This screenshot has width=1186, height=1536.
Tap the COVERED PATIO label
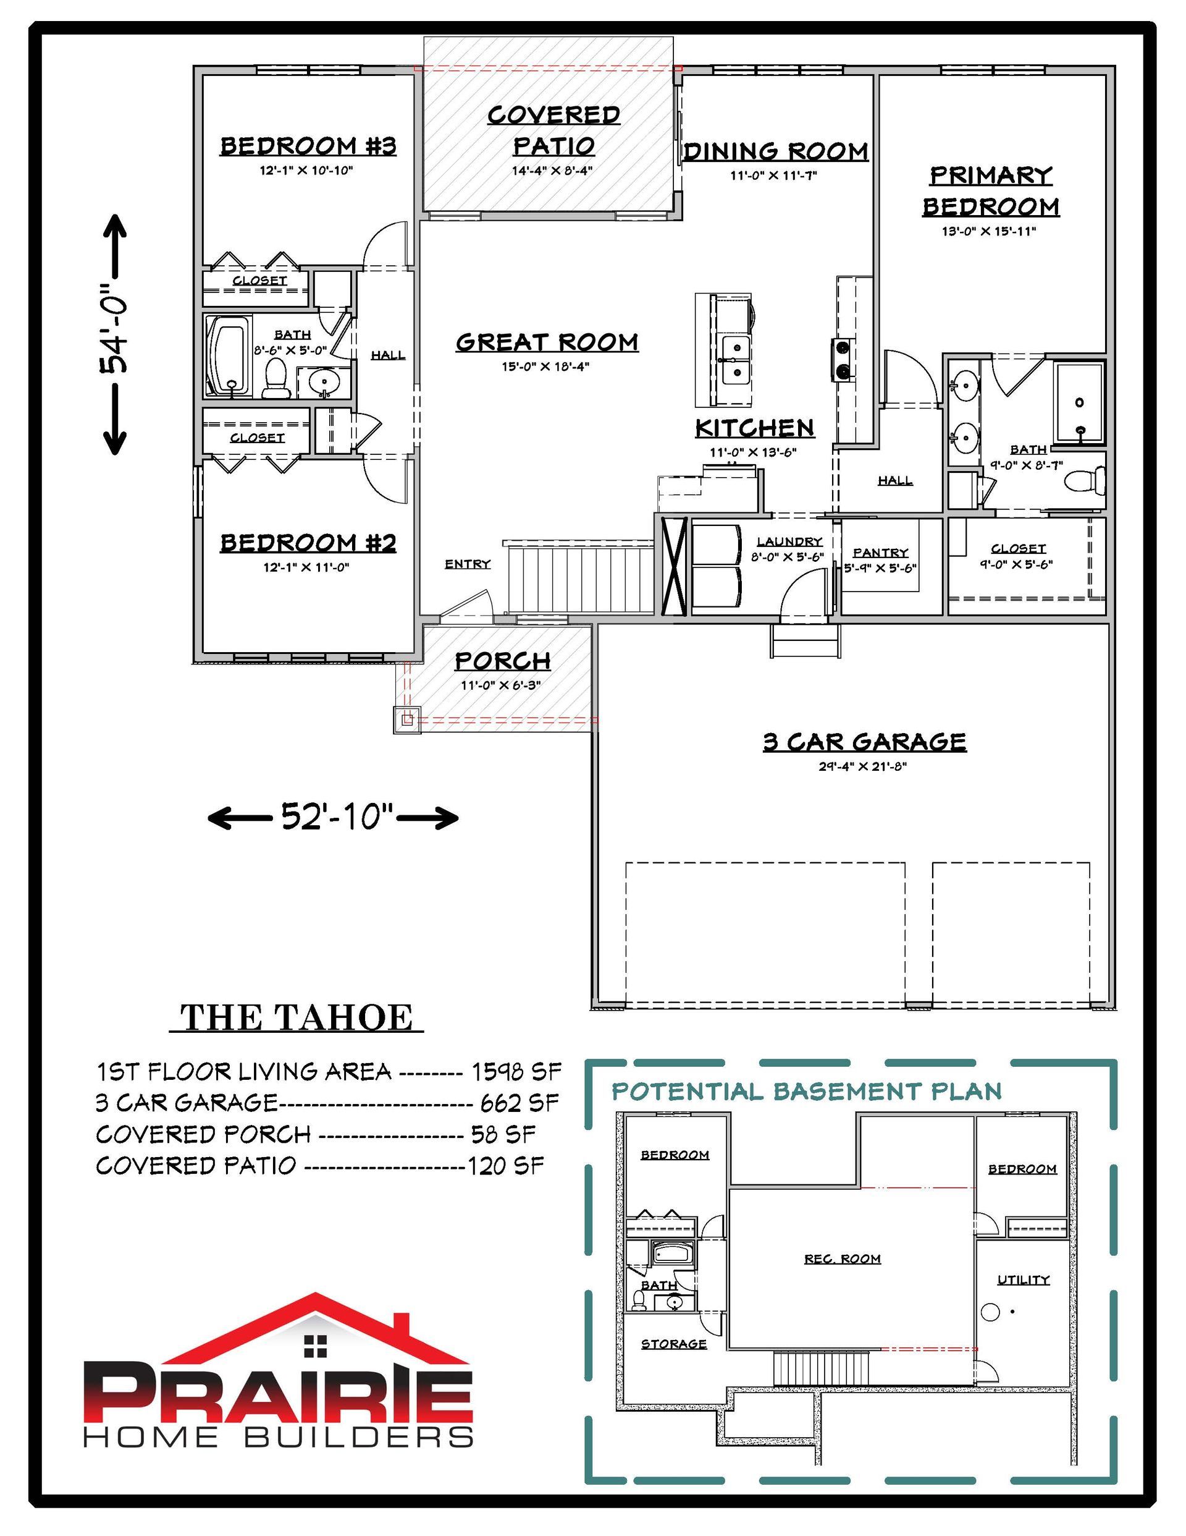coord(554,130)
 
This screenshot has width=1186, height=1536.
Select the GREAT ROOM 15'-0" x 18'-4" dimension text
coord(545,367)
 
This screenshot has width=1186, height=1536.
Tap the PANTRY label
coord(880,552)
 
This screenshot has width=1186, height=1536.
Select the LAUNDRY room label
coord(789,541)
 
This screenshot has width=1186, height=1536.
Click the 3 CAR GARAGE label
coord(865,741)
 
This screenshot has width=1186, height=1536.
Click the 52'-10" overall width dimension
coord(334,817)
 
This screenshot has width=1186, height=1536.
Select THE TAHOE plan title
coord(296,1017)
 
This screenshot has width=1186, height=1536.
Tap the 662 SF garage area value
coord(520,1102)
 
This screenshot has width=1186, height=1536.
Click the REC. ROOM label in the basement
coord(842,1259)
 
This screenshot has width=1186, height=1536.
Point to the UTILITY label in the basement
coord(1023,1280)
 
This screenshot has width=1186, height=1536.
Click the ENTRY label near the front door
coord(468,564)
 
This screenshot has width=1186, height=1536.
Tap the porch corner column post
coord(407,719)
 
